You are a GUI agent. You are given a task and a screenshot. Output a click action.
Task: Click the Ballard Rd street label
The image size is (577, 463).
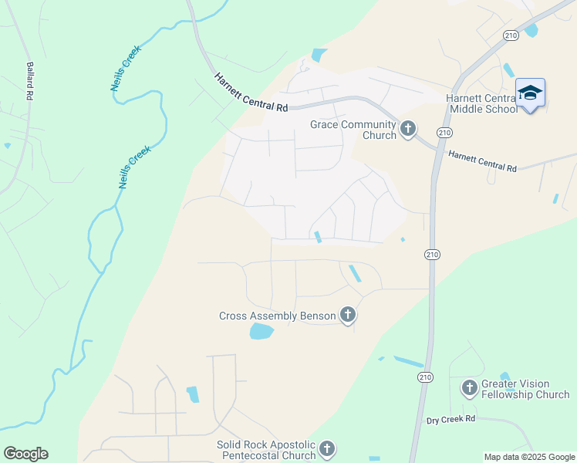(30, 81)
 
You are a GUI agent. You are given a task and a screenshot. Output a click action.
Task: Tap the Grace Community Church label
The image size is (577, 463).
(353, 130)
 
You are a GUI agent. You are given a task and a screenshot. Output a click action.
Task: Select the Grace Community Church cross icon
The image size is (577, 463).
(408, 129)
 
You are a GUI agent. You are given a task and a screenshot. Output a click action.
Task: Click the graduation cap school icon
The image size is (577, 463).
(530, 93)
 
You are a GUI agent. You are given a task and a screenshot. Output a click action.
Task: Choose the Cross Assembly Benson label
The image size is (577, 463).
(278, 316)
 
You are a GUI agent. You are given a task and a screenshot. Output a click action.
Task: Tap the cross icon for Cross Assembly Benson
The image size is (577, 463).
(348, 314)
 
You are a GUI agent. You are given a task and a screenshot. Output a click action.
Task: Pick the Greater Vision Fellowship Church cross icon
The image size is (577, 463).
(469, 387)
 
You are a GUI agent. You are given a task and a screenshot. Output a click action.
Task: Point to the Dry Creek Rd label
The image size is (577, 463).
(451, 419)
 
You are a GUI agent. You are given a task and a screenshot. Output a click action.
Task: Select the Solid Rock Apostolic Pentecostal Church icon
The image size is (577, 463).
(327, 448)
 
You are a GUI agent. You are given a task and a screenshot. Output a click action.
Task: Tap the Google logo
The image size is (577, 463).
(25, 454)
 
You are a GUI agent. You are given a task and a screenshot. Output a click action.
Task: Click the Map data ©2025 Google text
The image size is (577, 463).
(529, 457)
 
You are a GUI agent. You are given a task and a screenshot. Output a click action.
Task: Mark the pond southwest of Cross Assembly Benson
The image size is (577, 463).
(262, 332)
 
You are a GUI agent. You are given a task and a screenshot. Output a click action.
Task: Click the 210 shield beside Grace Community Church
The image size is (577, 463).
(444, 133)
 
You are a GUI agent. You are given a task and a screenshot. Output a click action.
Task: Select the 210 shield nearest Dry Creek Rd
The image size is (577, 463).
(425, 377)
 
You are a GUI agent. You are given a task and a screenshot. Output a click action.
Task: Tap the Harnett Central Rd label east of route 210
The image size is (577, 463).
(482, 161)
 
